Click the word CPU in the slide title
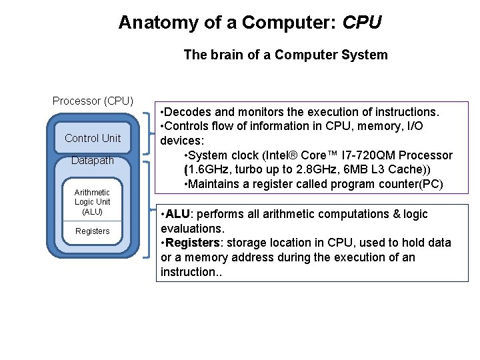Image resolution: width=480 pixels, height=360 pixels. [361, 23]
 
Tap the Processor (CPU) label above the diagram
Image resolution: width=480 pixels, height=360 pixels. [93, 101]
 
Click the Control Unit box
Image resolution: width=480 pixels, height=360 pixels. [93, 138]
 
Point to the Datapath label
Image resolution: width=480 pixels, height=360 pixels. [93, 161]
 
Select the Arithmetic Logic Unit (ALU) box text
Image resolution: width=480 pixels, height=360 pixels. [93, 202]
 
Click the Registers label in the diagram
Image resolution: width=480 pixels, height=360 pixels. [93, 231]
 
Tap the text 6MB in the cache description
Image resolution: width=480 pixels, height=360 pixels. [365, 169]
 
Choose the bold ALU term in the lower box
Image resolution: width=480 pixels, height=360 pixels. [178, 214]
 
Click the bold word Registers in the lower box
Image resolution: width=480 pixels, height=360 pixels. [192, 243]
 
